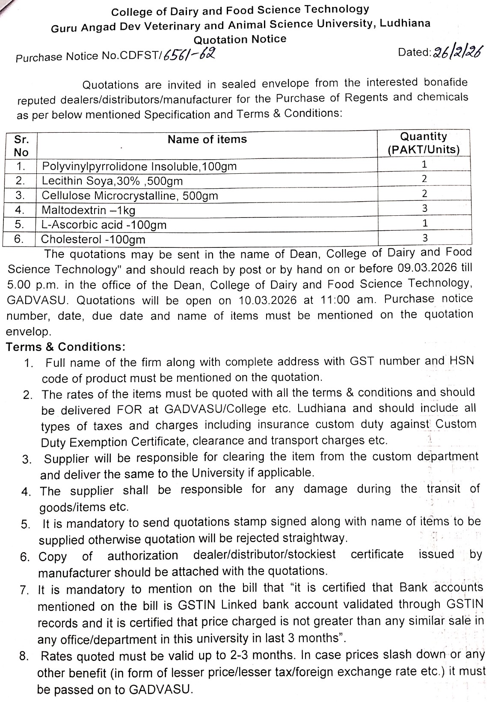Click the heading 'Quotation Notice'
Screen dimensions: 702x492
pos(240,39)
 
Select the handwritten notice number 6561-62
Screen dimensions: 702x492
pos(188,54)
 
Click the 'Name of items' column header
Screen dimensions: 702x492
pos(207,140)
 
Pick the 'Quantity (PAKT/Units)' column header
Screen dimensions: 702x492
pos(423,143)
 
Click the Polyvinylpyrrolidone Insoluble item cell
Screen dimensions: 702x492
pos(139,166)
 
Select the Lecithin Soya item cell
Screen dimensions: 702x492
pos(112,181)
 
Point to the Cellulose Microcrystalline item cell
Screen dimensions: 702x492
pos(130,196)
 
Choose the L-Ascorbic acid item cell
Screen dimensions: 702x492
pos(104,225)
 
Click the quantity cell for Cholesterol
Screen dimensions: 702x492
pos(425,238)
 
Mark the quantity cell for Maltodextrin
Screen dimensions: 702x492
pos(424,208)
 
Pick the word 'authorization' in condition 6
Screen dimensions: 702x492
pos(142,556)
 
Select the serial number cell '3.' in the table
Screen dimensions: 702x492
pos(19,195)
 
